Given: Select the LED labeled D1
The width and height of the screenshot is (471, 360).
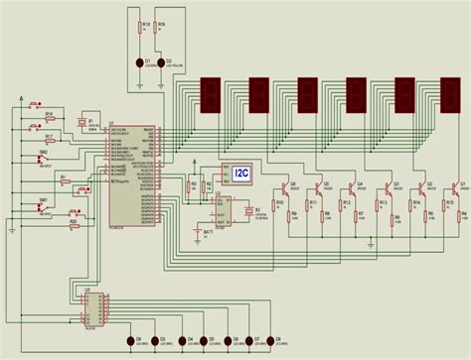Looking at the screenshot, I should point(145,62).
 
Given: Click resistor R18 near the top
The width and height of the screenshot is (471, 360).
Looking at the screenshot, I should point(145,29).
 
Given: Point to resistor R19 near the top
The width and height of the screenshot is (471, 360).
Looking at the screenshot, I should point(162,29).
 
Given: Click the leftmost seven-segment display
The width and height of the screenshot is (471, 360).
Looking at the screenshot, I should point(211,95).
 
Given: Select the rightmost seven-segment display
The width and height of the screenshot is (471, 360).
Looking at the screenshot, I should point(451,95).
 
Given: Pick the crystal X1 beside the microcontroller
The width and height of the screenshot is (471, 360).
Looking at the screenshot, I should point(83,123).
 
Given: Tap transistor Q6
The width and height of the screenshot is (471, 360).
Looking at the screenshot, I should point(287,186).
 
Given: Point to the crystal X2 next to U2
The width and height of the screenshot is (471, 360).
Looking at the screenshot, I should point(249,211).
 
